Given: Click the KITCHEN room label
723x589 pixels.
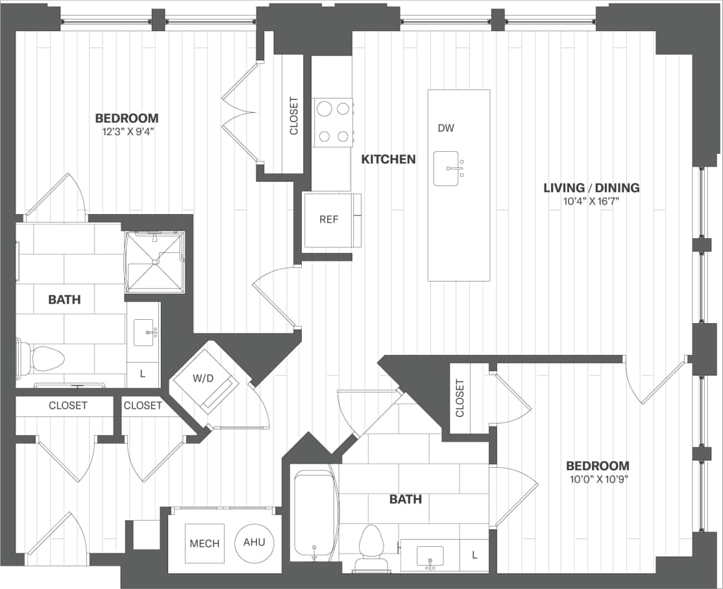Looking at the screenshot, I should pos(388,159).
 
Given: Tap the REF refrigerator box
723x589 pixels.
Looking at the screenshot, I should pos(328,220).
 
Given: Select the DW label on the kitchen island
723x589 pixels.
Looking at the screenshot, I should pos(446,128).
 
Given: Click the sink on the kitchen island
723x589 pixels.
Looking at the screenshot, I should pos(450,169).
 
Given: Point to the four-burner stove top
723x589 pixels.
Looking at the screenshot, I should pos(332,122).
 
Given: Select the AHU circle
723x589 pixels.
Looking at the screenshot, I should pos(254,543).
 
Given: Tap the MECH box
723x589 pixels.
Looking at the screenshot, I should pos(204,544).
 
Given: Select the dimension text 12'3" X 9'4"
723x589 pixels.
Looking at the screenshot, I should pos(127,131).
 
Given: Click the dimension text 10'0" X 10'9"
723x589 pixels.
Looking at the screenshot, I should pos(597,479).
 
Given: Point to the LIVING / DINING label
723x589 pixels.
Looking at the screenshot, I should pos(591,188).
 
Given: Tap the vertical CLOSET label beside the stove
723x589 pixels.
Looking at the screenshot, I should pos(293,116).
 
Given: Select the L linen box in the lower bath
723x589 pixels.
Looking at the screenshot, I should pos(474,556).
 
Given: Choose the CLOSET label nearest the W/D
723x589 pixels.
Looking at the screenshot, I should pos(143,405).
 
